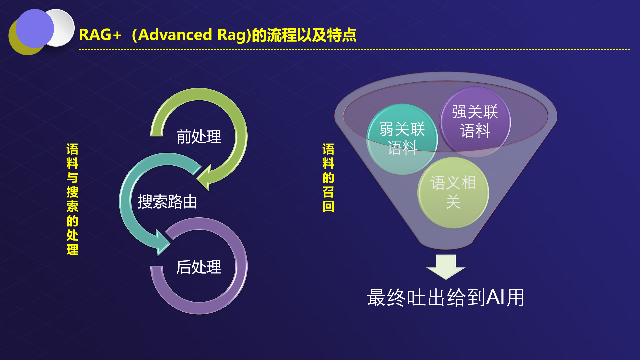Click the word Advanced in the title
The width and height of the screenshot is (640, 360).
pyautogui.click(x=175, y=35)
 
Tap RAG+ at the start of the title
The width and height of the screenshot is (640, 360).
pyautogui.click(x=100, y=35)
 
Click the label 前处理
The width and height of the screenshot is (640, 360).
pyautogui.click(x=199, y=137)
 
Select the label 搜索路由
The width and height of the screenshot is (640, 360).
pyautogui.click(x=167, y=202)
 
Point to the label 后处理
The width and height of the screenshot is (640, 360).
pyautogui.click(x=199, y=267)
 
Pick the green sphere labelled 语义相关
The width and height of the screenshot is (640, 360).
pyautogui.click(x=453, y=192)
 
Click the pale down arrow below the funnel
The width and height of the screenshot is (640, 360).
pyautogui.click(x=446, y=267)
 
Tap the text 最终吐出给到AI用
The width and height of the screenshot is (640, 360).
pyautogui.click(x=446, y=297)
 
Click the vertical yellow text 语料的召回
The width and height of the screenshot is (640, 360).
pyautogui.click(x=328, y=177)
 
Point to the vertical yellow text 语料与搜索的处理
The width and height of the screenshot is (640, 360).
pyautogui.click(x=72, y=199)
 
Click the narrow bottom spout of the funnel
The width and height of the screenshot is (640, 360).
pyautogui.click(x=446, y=243)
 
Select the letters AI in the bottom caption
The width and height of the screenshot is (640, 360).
pyautogui.click(x=495, y=297)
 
